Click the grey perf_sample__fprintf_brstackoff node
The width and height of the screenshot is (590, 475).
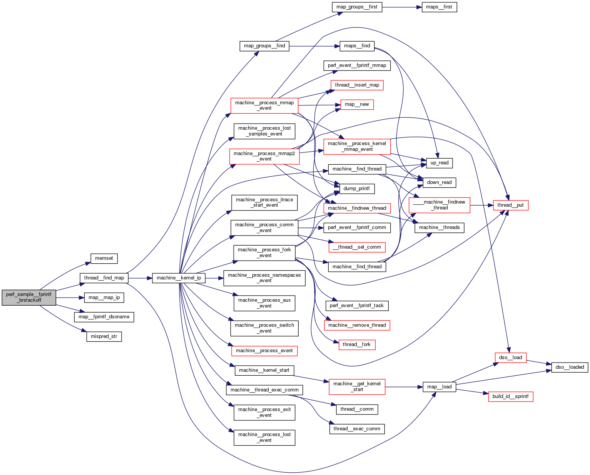click(29, 298)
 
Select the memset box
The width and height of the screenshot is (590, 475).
click(104, 258)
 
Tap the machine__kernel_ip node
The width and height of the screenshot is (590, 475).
click(179, 278)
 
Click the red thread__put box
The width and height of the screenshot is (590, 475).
click(510, 205)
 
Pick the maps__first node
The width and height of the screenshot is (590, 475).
click(439, 7)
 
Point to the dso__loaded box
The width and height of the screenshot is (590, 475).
click(570, 367)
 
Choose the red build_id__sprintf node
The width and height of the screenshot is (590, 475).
click(510, 396)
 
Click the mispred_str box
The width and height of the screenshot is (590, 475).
click(104, 336)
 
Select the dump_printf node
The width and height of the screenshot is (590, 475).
click(356, 189)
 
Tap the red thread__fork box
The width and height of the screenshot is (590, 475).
click(356, 345)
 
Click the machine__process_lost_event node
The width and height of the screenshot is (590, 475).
click(264, 438)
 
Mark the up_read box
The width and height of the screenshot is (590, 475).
click(439, 163)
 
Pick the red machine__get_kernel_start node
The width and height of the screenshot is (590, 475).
click(357, 386)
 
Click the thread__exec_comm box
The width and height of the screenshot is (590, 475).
click(357, 429)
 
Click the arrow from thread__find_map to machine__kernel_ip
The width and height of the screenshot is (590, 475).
click(140, 278)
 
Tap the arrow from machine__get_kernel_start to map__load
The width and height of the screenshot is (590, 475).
click(404, 387)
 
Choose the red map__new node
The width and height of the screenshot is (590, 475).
click(357, 104)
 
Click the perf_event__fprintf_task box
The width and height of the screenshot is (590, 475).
click(357, 306)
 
